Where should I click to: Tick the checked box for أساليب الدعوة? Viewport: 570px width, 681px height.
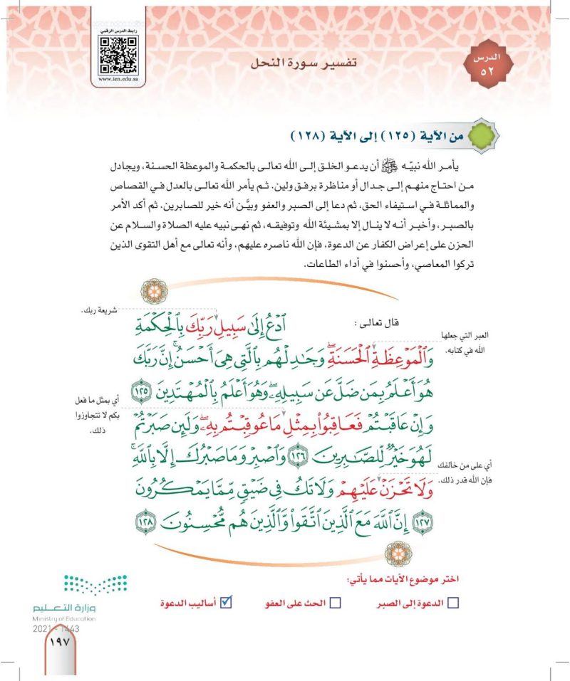click(x=227, y=603)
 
